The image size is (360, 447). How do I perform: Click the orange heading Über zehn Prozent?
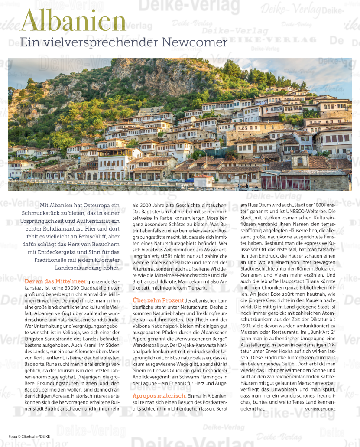click(x=158, y=300)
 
